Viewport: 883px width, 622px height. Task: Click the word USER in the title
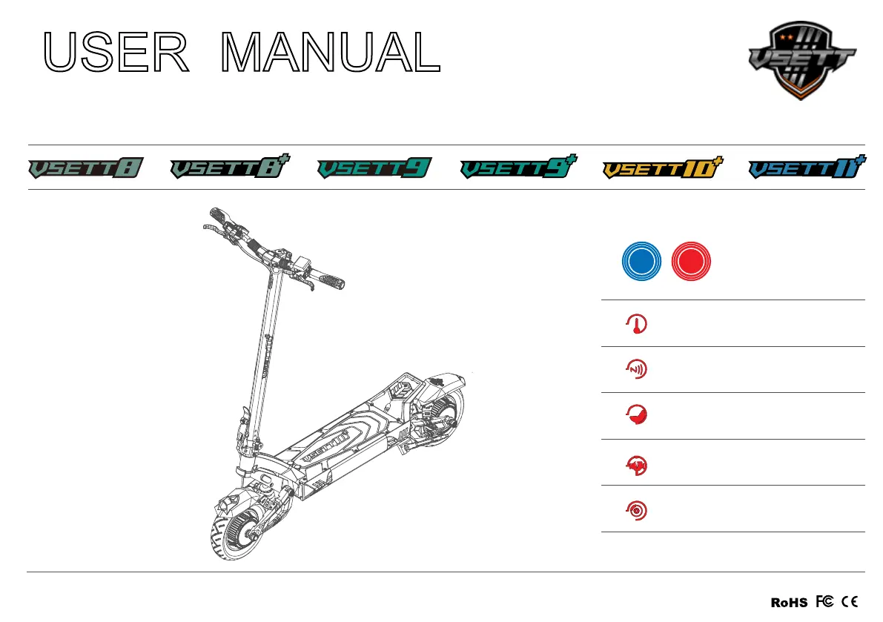[x=116, y=52]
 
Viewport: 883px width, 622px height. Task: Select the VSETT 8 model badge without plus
[x=85, y=169]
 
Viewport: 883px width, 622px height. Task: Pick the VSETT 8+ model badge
[x=229, y=169]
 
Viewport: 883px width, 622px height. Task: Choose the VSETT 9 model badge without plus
[x=374, y=169]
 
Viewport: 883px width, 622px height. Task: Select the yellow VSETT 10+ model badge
[x=662, y=169]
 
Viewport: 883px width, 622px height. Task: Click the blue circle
[x=641, y=261]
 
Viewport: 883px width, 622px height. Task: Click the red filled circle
[x=690, y=261]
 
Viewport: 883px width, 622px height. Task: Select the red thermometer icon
[x=636, y=324]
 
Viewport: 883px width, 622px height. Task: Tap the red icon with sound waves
[x=636, y=370]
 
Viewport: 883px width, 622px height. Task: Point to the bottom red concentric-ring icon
[x=636, y=509]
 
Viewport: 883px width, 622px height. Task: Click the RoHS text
[x=789, y=603]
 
